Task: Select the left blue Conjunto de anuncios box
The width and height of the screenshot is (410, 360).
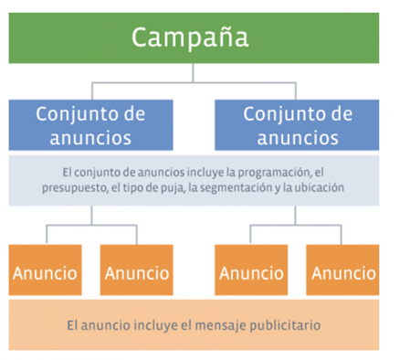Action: (x=90, y=126)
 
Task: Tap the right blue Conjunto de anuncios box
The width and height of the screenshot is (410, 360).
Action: (x=297, y=126)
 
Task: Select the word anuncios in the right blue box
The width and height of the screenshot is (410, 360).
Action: (x=297, y=138)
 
